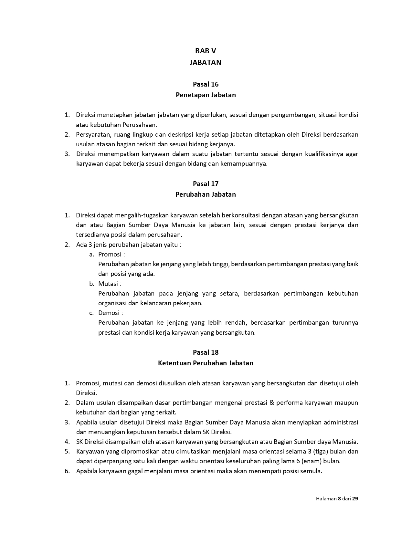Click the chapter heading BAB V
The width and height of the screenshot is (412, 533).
[206, 51]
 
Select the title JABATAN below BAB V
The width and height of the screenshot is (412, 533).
[206, 62]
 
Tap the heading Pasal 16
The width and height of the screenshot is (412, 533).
[206, 84]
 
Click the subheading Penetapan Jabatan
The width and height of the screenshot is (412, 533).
[206, 95]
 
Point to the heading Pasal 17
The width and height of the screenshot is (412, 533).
[206, 184]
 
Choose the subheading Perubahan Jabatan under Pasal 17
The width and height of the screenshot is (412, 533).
[206, 194]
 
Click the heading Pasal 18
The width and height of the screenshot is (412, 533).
[206, 352]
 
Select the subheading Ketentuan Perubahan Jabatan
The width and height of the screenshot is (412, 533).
[206, 363]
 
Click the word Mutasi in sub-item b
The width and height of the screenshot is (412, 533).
[108, 284]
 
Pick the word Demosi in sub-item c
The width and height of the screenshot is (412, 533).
[109, 313]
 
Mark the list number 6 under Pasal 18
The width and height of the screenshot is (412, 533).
[67, 471]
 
